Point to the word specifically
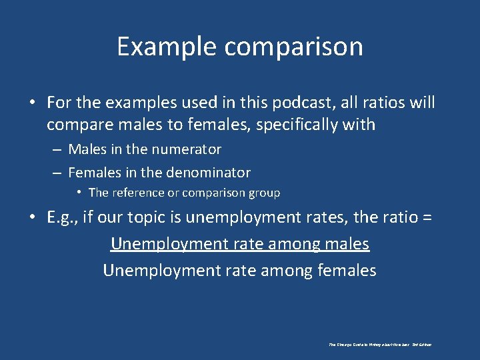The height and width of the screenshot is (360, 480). point(319,125)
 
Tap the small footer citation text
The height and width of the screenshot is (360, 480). point(380,345)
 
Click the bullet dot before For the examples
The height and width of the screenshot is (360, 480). point(33,103)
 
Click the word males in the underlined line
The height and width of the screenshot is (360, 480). point(345,244)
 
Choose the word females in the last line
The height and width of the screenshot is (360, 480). point(348,271)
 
